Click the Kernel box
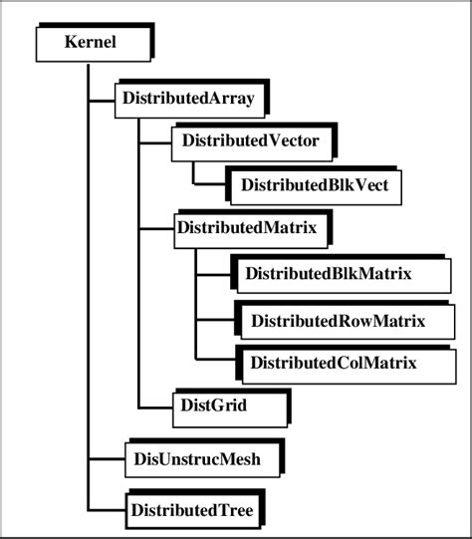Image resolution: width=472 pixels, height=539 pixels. [x=92, y=44]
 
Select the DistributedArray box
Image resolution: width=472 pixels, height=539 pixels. [x=186, y=99]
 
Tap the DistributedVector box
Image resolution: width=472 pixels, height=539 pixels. [x=250, y=141]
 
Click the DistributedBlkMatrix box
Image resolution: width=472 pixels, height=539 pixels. [x=328, y=273]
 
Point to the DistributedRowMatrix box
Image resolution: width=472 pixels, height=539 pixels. [x=338, y=321]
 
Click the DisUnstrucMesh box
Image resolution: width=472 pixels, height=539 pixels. [x=200, y=459]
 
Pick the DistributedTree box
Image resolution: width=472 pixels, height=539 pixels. [x=191, y=511]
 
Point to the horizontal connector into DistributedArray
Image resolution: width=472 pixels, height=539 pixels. [x=102, y=100]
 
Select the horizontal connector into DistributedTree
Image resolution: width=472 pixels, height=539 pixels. [x=105, y=511]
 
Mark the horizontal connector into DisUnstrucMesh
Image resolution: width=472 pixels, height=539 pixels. [x=105, y=459]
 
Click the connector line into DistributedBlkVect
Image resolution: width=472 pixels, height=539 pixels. [x=208, y=184]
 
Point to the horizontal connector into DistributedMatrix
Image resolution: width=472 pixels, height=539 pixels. [x=154, y=228]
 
